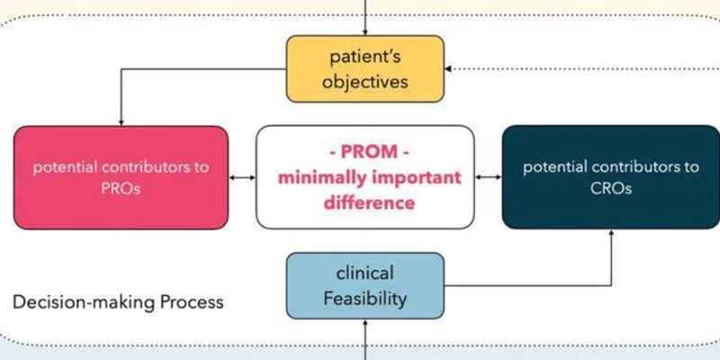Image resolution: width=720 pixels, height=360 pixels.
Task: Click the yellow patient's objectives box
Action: [365, 68]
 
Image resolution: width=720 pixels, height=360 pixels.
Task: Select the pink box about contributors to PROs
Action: [121, 176]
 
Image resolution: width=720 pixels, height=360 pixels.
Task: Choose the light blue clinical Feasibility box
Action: [365, 285]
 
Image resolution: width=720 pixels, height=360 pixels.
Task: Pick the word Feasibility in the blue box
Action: [365, 298]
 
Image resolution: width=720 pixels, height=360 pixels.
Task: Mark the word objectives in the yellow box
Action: [365, 81]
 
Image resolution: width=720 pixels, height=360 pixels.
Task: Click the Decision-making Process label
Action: [118, 302]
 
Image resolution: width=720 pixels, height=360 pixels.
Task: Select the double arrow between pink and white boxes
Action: [242, 177]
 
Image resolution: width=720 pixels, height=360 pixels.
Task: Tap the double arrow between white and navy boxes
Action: [488, 177]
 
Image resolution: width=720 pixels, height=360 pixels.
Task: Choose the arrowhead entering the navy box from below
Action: [614, 234]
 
